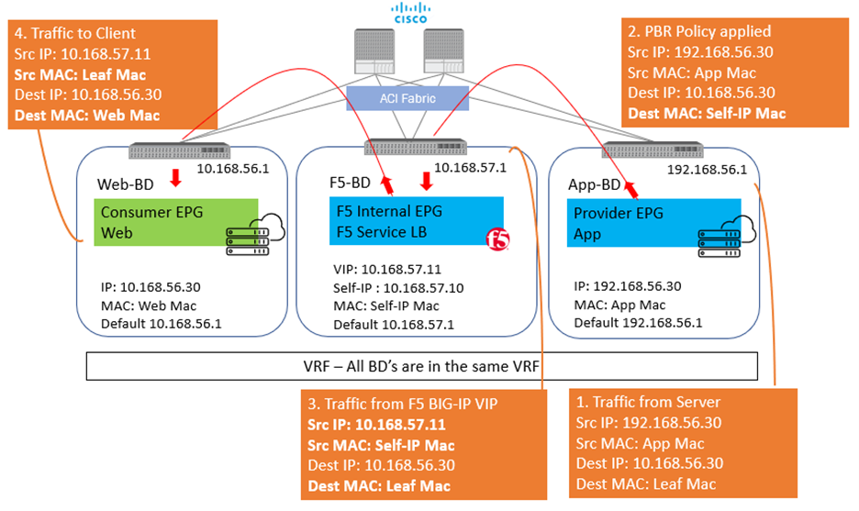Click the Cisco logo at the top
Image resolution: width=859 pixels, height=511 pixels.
click(x=403, y=13)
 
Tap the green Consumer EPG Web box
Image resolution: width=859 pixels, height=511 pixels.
click(x=175, y=221)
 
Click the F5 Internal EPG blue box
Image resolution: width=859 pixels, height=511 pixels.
click(x=416, y=220)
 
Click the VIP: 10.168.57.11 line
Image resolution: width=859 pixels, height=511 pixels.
click(x=388, y=271)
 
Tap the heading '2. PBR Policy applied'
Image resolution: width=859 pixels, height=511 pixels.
click(x=698, y=31)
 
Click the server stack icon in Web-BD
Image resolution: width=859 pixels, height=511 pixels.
click(x=240, y=240)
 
